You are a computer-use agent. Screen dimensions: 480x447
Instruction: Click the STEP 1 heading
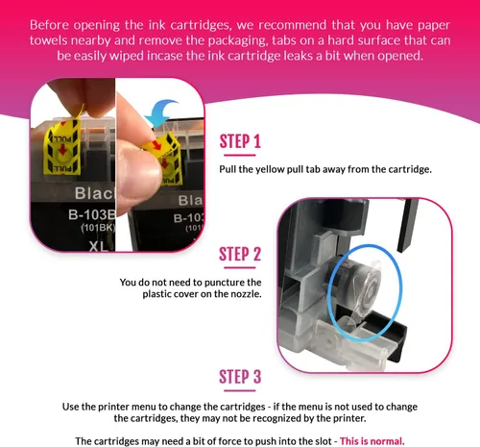tap(240, 141)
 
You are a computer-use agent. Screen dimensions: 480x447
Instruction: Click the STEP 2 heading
tap(240, 254)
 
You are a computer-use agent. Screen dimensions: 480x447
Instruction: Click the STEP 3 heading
tap(240, 377)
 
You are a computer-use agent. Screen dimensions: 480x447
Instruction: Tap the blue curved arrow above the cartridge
tap(160, 112)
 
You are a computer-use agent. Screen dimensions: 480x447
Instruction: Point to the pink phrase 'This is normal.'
tap(372, 441)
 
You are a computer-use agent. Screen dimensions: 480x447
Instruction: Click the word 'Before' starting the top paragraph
tap(49, 25)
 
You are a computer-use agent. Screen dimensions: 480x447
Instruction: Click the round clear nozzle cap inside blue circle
tap(369, 287)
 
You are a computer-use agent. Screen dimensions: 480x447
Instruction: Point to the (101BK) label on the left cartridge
tap(98, 228)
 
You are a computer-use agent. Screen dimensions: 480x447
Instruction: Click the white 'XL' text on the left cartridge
tap(98, 246)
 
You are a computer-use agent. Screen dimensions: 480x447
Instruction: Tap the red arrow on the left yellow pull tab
tap(62, 148)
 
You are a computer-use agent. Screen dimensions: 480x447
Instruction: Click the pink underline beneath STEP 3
tap(240, 390)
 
